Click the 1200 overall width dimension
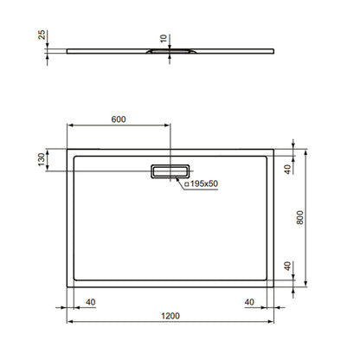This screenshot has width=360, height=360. pyautogui.click(x=170, y=316)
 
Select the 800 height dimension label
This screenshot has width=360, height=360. pyautogui.click(x=300, y=217)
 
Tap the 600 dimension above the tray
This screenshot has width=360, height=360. pyautogui.click(x=119, y=119)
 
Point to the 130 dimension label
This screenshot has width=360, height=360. pyautogui.click(x=42, y=159)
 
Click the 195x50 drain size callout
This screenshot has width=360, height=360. pyautogui.click(x=202, y=183)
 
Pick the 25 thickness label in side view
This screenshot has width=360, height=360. pyautogui.click(x=42, y=35)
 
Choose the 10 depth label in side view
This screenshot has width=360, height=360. pyautogui.click(x=164, y=39)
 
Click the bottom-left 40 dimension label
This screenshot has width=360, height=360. pyautogui.click(x=91, y=302)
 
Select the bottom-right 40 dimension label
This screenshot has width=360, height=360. pyautogui.click(x=249, y=302)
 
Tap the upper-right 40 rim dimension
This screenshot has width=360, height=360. pyautogui.click(x=287, y=170)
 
